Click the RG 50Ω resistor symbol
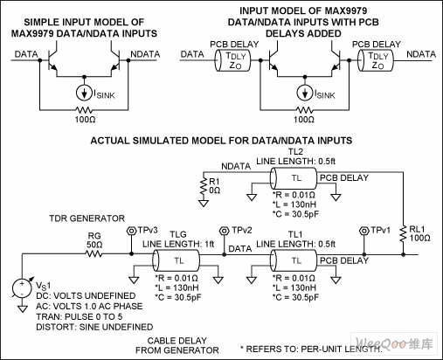click(93, 254)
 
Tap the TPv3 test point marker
click(131, 231)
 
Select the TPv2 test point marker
click(224, 231)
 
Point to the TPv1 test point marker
click(363, 231)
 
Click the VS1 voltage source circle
click(22, 287)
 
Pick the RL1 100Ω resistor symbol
click(403, 233)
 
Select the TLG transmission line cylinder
click(176, 260)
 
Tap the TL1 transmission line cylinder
click(294, 260)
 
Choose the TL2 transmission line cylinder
click(294, 178)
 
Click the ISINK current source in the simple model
click(84, 93)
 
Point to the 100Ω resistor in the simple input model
click(84, 110)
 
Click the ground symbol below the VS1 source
click(23, 308)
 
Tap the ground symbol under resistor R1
click(204, 203)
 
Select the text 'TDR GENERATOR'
click(87, 218)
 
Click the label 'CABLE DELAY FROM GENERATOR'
click(177, 345)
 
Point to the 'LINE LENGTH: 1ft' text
click(178, 244)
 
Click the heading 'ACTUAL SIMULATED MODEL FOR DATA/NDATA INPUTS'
click(221, 141)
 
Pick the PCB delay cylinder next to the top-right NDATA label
click(376, 60)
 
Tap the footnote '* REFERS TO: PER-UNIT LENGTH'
click(311, 349)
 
